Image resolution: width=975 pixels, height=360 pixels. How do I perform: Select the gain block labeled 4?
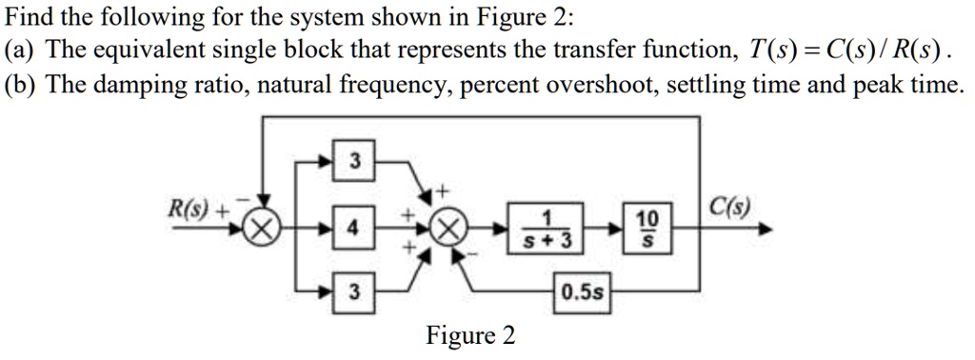354,230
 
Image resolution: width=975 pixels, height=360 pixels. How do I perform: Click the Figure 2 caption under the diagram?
470,335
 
